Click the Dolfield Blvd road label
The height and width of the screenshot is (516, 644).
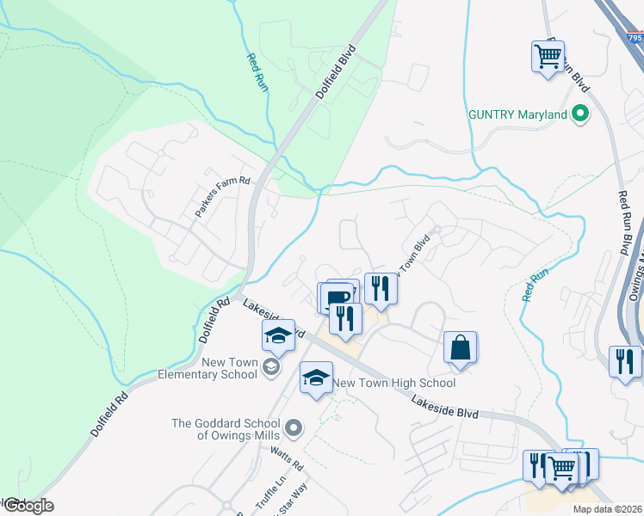click(x=336, y=71)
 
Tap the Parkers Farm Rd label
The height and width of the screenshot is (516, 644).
click(x=221, y=197)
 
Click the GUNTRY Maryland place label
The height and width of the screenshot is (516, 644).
click(x=517, y=114)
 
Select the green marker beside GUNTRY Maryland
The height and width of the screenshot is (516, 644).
click(x=579, y=113)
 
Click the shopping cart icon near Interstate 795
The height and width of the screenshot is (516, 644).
click(x=548, y=57)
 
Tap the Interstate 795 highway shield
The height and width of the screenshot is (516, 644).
click(x=635, y=38)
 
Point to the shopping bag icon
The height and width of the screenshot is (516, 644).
click(x=461, y=348)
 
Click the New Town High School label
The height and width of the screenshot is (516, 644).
click(x=393, y=383)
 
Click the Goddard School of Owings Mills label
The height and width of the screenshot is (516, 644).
click(x=226, y=429)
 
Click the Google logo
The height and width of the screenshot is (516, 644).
click(x=28, y=506)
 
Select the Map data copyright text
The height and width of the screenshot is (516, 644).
click(x=608, y=509)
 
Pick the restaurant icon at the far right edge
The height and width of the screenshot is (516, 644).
click(x=624, y=360)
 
